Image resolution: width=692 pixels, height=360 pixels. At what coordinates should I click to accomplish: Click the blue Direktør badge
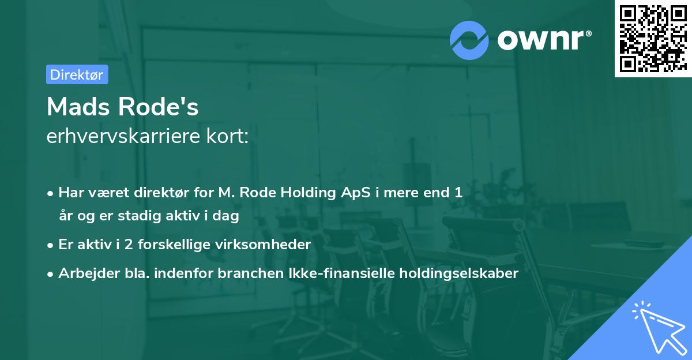[77, 74]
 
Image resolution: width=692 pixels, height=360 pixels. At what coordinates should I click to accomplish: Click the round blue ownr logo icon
[469, 40]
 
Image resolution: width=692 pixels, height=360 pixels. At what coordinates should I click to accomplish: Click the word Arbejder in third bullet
[84, 273]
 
